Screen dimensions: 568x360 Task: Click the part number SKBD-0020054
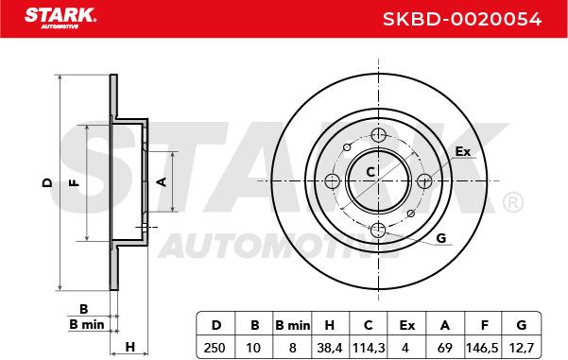point(462,19)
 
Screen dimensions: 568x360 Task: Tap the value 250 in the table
point(215,348)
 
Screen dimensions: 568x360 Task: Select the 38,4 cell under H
point(329,348)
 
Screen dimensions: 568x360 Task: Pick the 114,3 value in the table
point(369,348)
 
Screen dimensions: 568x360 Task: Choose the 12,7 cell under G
point(522,348)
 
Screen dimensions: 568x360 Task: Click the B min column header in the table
point(293,325)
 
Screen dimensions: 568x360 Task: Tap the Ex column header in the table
point(406,325)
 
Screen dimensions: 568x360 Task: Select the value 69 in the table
point(445,348)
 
